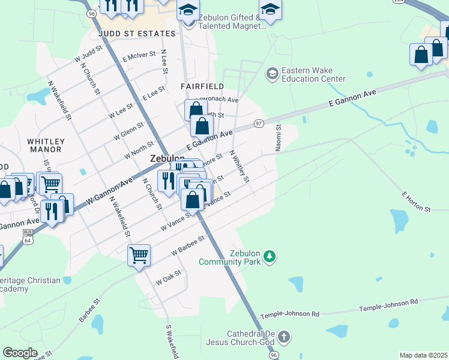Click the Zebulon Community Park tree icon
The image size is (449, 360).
click(x=271, y=256)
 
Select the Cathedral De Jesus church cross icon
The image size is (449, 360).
click(x=284, y=337)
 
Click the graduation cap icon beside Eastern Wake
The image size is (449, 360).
click(x=272, y=73)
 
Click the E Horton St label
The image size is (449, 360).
click(x=416, y=203)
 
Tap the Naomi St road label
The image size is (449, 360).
click(x=279, y=138)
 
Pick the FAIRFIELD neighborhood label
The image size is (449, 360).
click(x=202, y=86)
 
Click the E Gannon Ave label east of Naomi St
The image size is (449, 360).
click(x=352, y=99)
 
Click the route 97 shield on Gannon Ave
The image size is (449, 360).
click(x=259, y=123)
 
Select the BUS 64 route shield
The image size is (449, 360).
click(x=27, y=237)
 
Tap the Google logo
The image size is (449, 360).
click(x=20, y=352)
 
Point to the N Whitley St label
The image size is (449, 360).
click(x=240, y=166)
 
